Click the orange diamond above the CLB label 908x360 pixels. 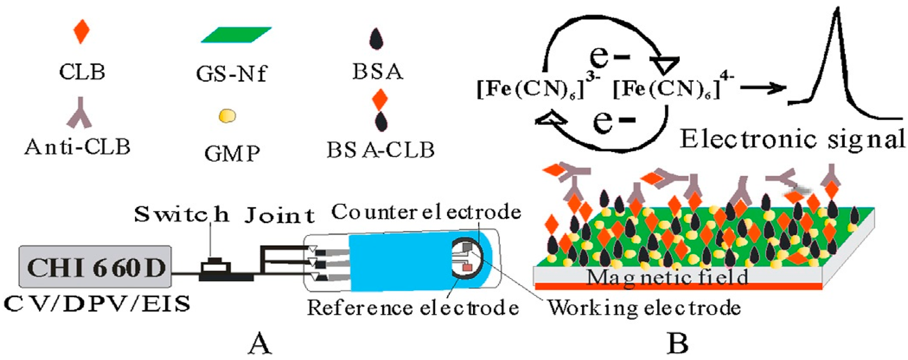pos(81,31)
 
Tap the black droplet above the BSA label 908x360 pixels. pos(376,39)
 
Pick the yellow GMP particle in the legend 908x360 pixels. pos(227,116)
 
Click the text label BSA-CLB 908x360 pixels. pos(380,150)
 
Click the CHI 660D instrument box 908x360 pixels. pos(95,267)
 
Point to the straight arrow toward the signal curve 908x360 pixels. pos(763,88)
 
